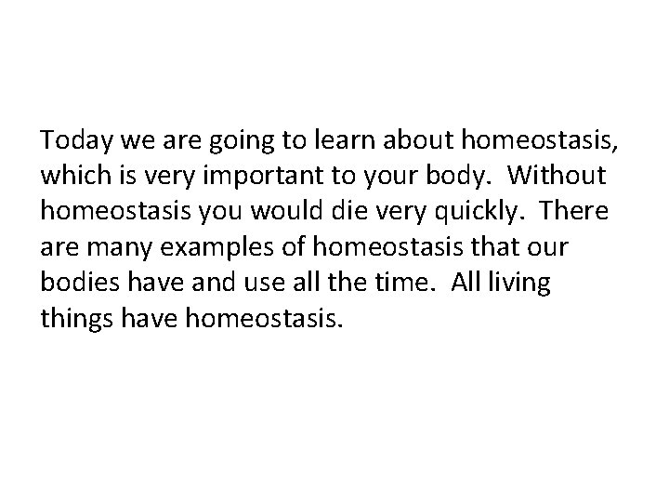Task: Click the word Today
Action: (x=72, y=140)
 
